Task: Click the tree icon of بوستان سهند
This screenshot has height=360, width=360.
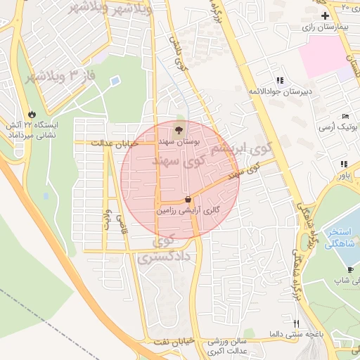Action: click(x=179, y=129)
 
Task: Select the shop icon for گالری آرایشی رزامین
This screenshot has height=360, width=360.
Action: click(x=187, y=200)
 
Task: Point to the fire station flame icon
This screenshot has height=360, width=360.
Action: click(x=32, y=114)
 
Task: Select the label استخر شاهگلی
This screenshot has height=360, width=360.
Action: click(x=343, y=238)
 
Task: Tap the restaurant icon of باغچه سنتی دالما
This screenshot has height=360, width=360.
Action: click(x=296, y=323)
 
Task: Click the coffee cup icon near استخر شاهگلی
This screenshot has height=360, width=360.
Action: click(x=350, y=269)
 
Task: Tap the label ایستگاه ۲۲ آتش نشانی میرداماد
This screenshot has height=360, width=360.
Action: click(x=31, y=129)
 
